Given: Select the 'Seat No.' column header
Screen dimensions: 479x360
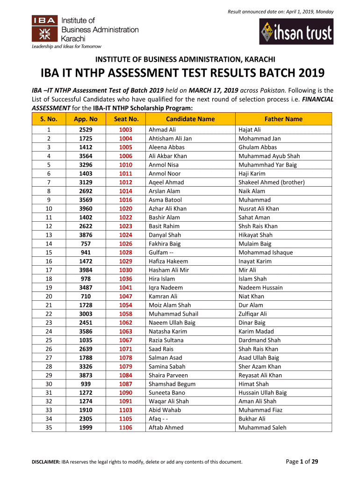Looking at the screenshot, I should [126, 119].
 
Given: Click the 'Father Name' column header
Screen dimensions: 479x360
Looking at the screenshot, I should [283, 119].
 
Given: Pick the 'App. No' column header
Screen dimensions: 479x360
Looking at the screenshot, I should [86, 119].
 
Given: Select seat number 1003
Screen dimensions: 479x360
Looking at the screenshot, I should [126, 130].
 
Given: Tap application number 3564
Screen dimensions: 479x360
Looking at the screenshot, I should [86, 156].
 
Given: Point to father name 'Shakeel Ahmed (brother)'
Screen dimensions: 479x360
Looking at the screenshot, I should [271, 182].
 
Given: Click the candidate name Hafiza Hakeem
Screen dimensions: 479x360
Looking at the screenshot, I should [168, 261].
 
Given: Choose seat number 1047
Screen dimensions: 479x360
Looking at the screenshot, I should [126, 296].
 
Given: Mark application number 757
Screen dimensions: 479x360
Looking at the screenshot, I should [86, 244].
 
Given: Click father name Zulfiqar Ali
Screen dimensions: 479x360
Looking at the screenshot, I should [252, 314].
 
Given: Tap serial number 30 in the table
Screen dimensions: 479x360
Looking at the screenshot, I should [49, 384].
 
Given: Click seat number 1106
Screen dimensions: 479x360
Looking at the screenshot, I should [126, 428].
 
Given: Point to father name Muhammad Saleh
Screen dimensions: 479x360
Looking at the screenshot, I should [262, 428].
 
